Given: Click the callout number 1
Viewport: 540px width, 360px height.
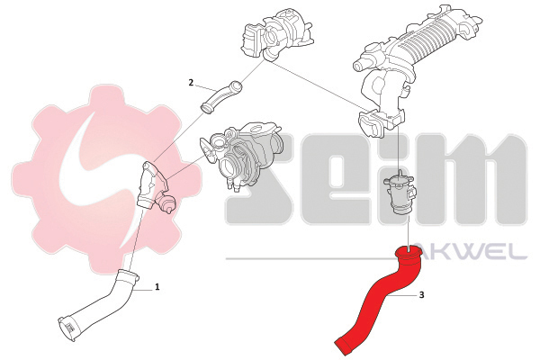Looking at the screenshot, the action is [157, 286].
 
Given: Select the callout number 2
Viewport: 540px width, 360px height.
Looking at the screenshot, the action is [191, 83].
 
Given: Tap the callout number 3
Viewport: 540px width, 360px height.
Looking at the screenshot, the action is [422, 295].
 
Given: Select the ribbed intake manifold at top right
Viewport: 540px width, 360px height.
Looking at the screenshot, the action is [417, 66].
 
